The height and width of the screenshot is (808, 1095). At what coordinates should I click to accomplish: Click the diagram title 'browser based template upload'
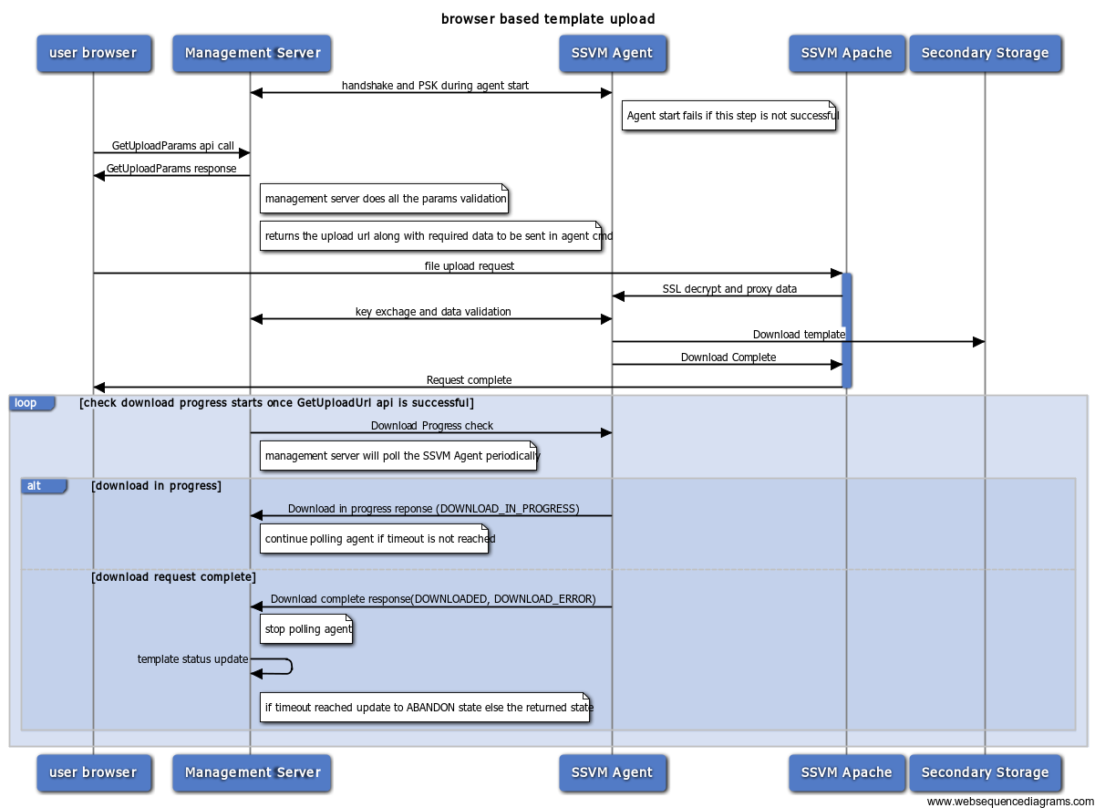pos(547,19)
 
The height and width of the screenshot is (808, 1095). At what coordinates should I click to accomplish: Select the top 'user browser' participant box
pos(94,53)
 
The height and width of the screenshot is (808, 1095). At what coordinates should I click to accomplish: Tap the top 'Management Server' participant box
pos(252,53)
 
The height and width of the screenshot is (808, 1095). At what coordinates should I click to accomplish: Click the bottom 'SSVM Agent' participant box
pos(613,772)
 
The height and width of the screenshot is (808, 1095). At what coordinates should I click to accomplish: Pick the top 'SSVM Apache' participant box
pos(847,53)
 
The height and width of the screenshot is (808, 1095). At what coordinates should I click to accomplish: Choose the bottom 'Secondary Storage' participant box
pos(985,772)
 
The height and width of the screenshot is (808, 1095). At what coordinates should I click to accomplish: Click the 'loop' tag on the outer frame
pos(32,403)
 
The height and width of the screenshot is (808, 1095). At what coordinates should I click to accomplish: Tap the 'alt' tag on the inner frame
pos(44,486)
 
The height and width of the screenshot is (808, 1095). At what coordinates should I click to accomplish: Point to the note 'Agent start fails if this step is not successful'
pos(728,116)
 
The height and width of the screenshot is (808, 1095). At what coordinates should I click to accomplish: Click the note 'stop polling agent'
pos(306,629)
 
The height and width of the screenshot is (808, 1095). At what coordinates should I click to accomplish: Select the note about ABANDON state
pos(425,708)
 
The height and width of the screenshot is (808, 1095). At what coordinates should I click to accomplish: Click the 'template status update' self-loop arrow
pos(292,666)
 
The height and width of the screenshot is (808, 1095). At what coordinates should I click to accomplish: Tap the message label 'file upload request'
pos(470,266)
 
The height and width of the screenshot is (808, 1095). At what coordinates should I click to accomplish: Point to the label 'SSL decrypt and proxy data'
pos(729,289)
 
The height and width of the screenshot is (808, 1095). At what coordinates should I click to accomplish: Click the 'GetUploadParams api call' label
pos(173,146)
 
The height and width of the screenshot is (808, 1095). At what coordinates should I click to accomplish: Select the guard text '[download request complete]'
pos(173,577)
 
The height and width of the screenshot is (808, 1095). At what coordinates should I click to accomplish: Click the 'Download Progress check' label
pos(432,426)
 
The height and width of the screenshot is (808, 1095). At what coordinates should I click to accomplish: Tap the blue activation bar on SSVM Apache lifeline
pos(847,331)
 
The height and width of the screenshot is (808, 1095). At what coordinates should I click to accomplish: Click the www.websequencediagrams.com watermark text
pos(1010,801)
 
